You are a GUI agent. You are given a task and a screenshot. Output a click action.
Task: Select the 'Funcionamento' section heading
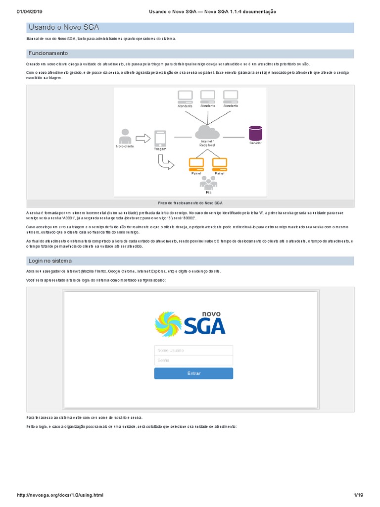tap(48, 53)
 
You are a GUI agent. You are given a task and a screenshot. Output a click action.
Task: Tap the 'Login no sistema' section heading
tap(50, 261)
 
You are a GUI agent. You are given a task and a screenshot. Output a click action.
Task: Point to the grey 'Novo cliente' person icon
tap(125, 136)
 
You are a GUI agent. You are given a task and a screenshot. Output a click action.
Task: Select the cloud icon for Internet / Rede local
tap(207, 132)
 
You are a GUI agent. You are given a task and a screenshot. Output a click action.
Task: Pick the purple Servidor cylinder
tap(255, 133)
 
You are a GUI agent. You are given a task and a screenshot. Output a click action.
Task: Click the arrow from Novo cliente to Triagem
tap(142, 138)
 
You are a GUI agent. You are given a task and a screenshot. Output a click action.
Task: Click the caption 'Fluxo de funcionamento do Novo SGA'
tap(190, 203)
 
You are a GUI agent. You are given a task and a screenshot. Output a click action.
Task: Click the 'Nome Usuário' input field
tap(193, 350)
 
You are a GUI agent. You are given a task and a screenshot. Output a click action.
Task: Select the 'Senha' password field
tap(193, 360)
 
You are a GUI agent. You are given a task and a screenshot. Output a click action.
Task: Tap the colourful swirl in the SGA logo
tap(168, 324)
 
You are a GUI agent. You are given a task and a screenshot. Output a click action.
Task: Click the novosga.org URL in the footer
tap(60, 495)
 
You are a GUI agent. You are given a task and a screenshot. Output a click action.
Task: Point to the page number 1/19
tap(358, 495)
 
